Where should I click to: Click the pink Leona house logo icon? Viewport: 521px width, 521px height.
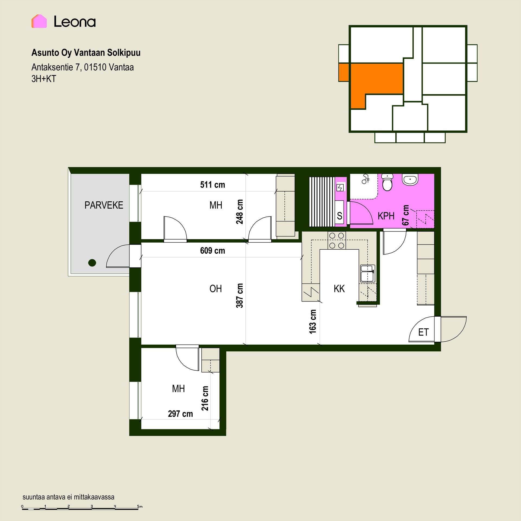(x=39, y=21)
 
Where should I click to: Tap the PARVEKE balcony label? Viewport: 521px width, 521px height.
(x=104, y=205)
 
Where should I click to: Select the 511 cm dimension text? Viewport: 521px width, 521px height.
(x=212, y=185)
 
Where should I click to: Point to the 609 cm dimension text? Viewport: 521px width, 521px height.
(x=212, y=250)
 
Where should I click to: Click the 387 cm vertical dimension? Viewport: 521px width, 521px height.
(x=240, y=296)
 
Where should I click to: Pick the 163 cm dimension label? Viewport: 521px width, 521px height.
(x=313, y=322)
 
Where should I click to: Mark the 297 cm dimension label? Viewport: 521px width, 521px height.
(x=180, y=414)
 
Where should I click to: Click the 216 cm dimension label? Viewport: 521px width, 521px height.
(x=205, y=398)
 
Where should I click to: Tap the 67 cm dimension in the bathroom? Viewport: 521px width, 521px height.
(x=406, y=215)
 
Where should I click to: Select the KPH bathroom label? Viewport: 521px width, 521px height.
(x=386, y=216)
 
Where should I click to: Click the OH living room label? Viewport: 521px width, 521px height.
(x=216, y=289)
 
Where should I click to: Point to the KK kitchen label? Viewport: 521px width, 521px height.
(x=339, y=289)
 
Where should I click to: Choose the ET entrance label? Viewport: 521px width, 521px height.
(x=423, y=332)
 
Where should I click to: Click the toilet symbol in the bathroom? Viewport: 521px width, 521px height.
(x=387, y=182)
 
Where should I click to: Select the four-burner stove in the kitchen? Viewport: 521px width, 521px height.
(x=336, y=240)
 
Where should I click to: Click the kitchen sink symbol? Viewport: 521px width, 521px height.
(x=367, y=274)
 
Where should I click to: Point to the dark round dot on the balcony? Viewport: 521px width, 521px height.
(x=92, y=263)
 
